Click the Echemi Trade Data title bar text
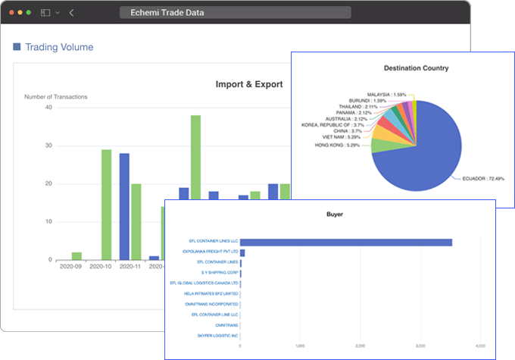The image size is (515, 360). (x=167, y=13)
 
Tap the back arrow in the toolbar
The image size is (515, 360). (x=71, y=13)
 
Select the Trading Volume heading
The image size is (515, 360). (x=59, y=47)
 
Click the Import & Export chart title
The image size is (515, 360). (x=249, y=84)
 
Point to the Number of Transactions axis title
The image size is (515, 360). (x=55, y=97)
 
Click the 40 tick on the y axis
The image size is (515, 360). (x=48, y=108)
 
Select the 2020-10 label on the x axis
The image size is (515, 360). (x=101, y=267)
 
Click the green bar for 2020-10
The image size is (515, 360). (x=106, y=205)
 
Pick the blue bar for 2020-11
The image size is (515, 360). (x=124, y=206)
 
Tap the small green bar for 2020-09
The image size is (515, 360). (x=76, y=255)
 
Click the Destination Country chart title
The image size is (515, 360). (x=416, y=67)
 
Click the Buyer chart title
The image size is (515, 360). (x=334, y=214)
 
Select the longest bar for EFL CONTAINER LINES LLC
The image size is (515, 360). (x=345, y=243)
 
